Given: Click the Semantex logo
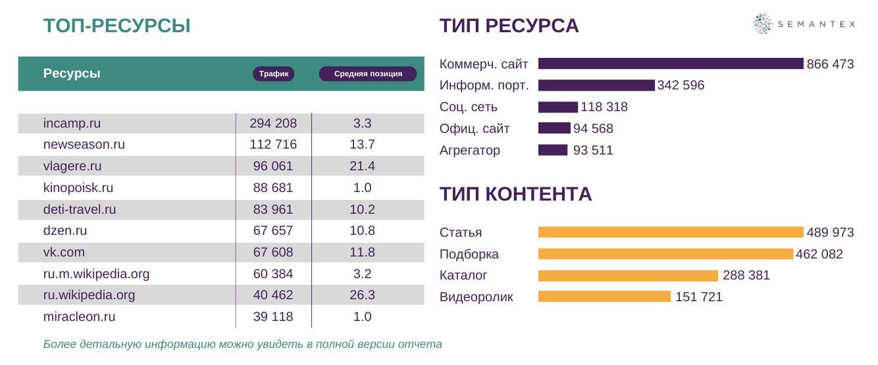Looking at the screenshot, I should click(804, 24).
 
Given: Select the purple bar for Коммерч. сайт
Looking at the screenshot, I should click(671, 64).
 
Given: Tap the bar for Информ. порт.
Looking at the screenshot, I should click(596, 85).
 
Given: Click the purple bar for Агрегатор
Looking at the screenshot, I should click(553, 150).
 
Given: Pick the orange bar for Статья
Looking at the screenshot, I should click(671, 232).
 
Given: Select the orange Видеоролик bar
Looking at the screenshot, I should click(604, 297).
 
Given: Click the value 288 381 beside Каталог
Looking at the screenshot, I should click(746, 276).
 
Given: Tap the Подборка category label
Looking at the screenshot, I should click(469, 254).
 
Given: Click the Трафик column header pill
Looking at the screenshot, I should click(274, 74).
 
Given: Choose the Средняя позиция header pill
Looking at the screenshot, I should click(368, 74).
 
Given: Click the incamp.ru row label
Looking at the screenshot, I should click(72, 123).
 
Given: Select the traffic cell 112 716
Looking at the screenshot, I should click(273, 145).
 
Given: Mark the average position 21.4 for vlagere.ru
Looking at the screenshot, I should click(362, 166).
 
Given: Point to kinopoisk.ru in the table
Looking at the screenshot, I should click(78, 187).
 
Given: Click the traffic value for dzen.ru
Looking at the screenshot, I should click(273, 231).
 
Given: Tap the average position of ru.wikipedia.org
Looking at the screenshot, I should click(362, 295).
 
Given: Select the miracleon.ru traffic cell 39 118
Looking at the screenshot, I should click(273, 316).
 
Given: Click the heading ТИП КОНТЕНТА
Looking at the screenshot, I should click(515, 194).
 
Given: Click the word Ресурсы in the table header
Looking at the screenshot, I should click(72, 74).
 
